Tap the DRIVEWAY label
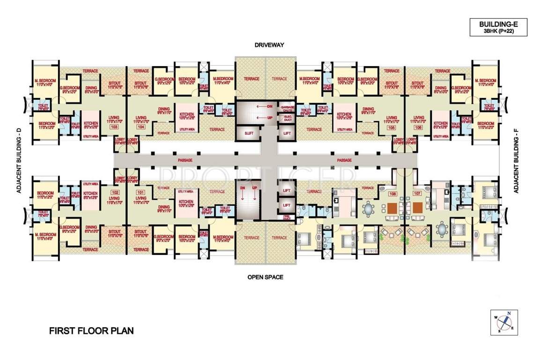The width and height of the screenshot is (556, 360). click(270, 45)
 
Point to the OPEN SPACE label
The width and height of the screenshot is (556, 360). click(265, 277)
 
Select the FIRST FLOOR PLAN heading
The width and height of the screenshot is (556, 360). click(91, 330)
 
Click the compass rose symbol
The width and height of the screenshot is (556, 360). click(504, 322)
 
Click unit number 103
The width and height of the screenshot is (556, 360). click(113, 127)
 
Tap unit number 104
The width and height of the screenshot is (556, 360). click(140, 127)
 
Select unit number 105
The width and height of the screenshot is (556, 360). click(392, 127)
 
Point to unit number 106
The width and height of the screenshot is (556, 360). click(418, 127)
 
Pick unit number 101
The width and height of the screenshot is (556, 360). click(140, 192)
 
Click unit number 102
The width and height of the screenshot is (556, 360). click(113, 192)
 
